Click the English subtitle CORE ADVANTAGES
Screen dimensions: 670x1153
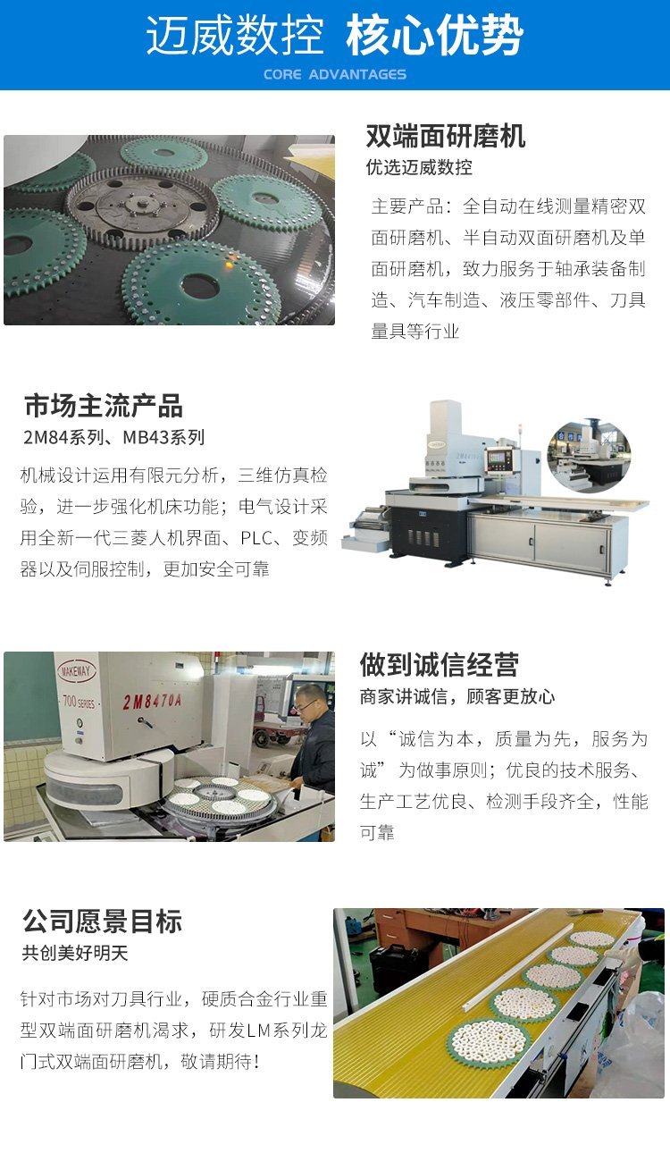(x=334, y=74)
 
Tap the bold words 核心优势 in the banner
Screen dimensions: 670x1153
(x=435, y=35)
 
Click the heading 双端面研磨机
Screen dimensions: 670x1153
(x=445, y=136)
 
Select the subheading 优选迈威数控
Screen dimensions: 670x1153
(x=419, y=167)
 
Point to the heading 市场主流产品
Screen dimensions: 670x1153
(x=104, y=406)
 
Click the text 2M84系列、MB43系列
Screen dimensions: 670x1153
(x=114, y=438)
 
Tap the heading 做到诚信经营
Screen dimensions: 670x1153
(x=439, y=664)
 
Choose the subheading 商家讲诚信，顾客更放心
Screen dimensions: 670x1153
(x=457, y=696)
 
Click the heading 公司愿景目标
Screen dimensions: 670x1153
(x=102, y=922)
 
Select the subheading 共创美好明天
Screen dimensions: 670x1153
(x=75, y=954)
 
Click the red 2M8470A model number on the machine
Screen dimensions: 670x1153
(x=152, y=701)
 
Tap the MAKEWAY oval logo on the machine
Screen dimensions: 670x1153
(x=76, y=671)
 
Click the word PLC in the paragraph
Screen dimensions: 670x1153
(x=256, y=538)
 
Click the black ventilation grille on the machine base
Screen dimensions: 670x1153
(x=423, y=538)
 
